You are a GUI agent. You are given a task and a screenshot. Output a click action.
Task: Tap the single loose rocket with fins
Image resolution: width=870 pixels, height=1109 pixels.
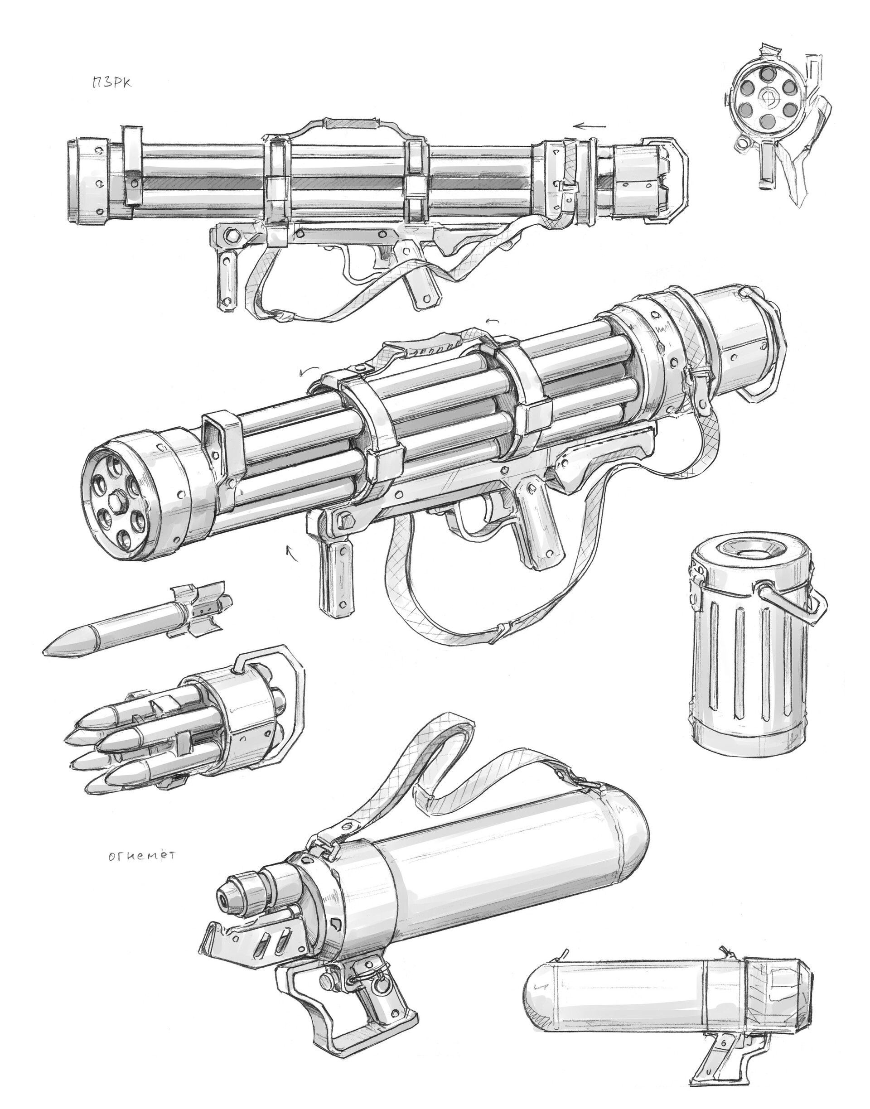tap(138, 621)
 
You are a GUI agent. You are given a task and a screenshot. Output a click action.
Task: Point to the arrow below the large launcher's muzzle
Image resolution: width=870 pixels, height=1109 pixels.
tap(292, 553)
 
